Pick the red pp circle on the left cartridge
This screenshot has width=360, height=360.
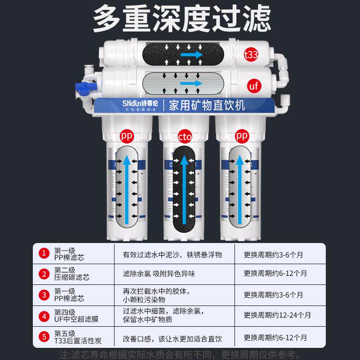point(126,135)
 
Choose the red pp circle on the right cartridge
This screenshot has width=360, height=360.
point(242,135)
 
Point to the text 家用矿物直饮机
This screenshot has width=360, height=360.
point(207,106)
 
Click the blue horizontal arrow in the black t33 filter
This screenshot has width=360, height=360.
point(191,54)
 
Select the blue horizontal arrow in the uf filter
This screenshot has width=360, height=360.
point(191,84)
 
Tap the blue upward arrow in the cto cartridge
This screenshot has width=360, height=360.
point(184,189)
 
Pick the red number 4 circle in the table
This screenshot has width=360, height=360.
point(44,316)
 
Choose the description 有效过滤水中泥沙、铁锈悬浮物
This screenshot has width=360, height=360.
point(173,254)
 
